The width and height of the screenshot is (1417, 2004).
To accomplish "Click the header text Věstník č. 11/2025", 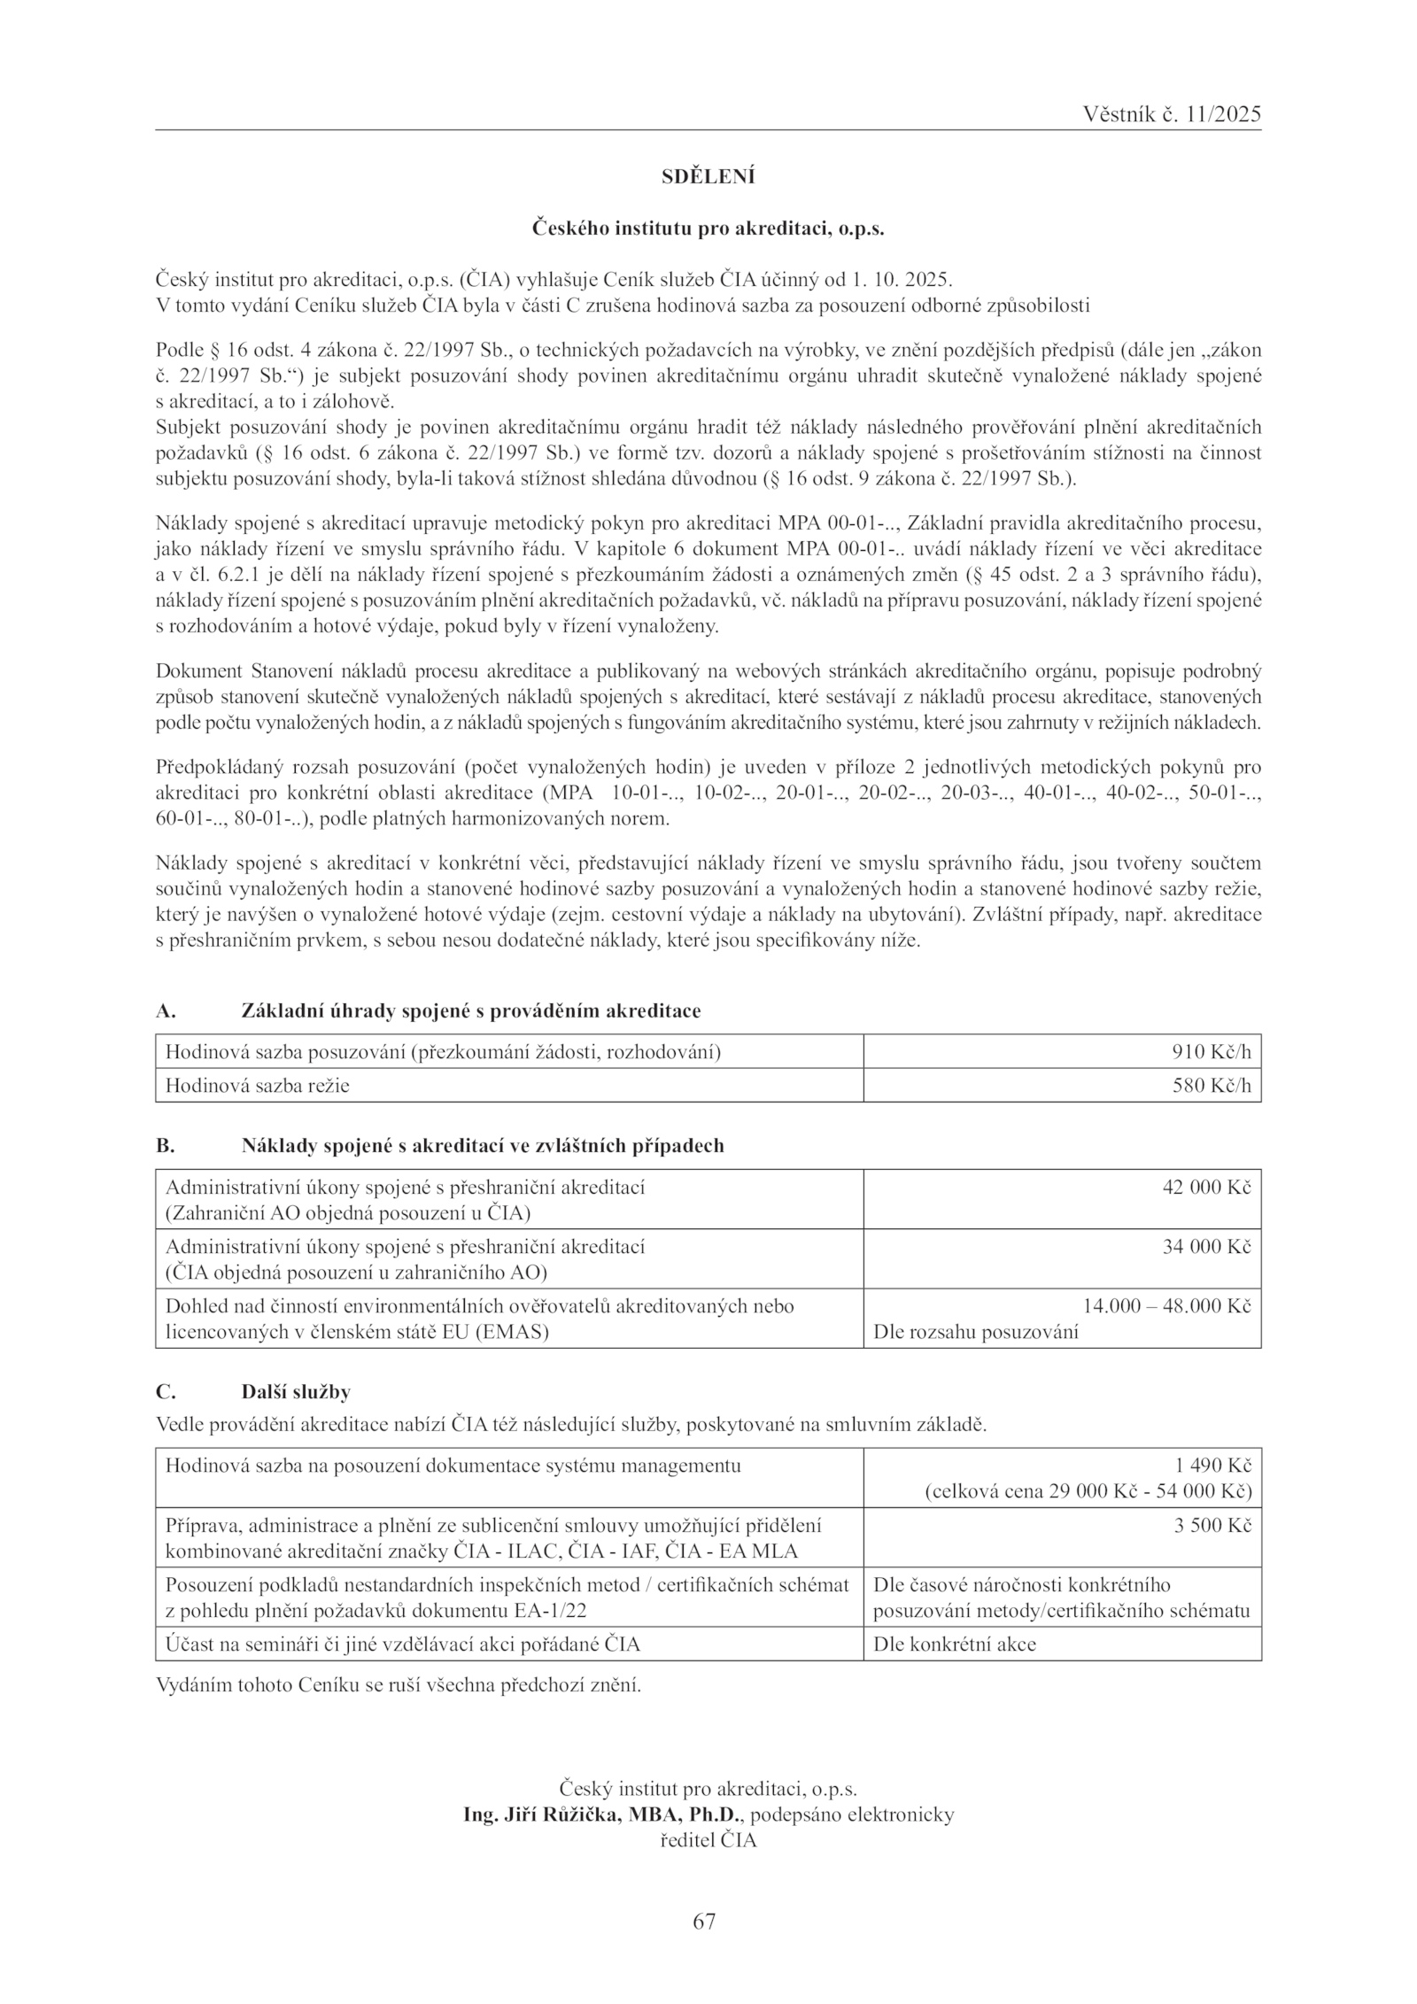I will [x=1171, y=114].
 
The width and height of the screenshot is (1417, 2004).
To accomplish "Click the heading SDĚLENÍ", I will [x=708, y=177].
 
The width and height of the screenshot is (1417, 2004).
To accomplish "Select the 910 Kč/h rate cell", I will [x=1212, y=1051].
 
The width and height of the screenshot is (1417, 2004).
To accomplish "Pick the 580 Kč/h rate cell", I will [x=1212, y=1085].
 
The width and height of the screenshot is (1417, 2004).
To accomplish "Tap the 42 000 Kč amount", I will [x=1206, y=1187].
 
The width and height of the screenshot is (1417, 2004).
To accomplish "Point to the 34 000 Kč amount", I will [x=1206, y=1246].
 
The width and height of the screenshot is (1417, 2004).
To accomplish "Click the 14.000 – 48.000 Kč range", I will [x=1166, y=1305].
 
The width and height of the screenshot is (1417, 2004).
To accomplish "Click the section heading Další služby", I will [x=296, y=1391].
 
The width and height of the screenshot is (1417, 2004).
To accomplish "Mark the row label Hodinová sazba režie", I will [x=258, y=1085].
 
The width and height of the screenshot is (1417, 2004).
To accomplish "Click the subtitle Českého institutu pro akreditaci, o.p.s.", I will [x=708, y=228].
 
